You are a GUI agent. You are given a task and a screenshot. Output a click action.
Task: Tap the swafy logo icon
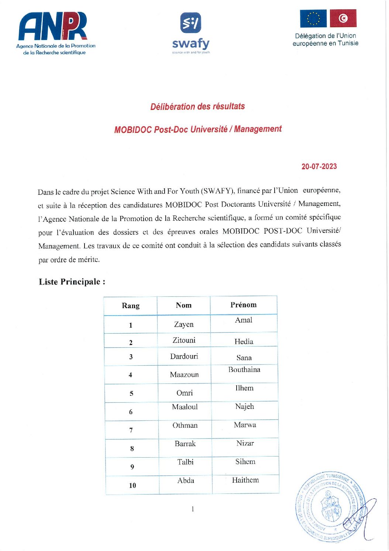190,23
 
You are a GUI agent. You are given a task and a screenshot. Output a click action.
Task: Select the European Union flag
313,18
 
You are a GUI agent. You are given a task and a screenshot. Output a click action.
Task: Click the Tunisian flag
343,18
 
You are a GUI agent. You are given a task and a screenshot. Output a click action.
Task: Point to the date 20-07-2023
319,166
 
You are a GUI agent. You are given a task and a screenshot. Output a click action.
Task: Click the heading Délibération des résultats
197,107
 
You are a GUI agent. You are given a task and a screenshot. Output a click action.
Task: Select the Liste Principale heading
72,282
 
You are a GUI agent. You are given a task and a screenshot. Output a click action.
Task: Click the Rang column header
131,306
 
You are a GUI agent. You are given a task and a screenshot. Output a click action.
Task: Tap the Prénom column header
243,305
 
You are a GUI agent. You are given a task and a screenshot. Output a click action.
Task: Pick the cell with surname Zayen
184,324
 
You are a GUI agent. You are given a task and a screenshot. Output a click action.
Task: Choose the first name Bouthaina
244,370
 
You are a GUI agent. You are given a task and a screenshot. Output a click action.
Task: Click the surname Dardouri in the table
184,357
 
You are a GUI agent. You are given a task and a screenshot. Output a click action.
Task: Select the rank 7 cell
131,430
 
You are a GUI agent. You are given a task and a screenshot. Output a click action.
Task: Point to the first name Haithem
245,480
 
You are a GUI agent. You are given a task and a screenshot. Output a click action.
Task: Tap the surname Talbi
185,462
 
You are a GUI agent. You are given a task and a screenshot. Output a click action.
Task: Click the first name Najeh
245,407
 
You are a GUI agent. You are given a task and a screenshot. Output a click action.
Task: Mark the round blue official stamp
330,507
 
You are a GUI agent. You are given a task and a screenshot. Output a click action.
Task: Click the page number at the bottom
193,509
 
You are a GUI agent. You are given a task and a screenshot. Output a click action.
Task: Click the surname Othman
185,426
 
